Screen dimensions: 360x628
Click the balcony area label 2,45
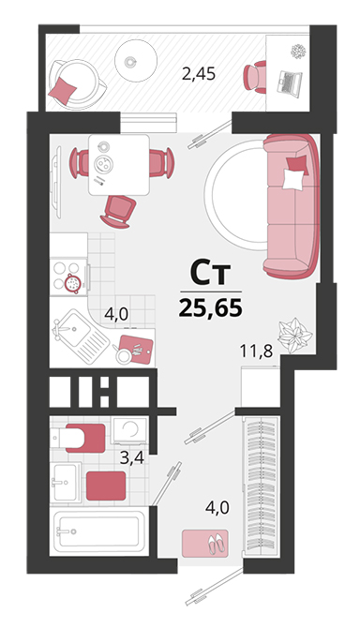click(199, 74)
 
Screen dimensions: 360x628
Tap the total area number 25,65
click(211, 308)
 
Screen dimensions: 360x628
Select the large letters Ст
click(210, 273)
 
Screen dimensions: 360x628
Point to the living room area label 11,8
click(256, 351)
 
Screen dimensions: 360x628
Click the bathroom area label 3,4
click(132, 457)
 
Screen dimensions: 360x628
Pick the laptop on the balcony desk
click(289, 82)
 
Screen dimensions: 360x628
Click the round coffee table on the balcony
click(135, 61)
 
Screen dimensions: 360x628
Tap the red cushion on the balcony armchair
click(63, 89)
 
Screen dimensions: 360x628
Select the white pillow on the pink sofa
click(292, 179)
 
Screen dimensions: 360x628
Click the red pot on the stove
click(73, 284)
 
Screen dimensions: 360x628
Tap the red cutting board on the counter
click(137, 349)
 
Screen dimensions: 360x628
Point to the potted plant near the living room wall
click(294, 336)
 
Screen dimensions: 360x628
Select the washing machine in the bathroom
click(130, 430)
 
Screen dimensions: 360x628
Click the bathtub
click(99, 531)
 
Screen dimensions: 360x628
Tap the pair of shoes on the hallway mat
click(217, 543)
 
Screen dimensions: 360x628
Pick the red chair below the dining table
click(118, 211)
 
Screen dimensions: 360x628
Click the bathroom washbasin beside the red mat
click(66, 482)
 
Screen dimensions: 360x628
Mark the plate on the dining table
click(104, 163)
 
